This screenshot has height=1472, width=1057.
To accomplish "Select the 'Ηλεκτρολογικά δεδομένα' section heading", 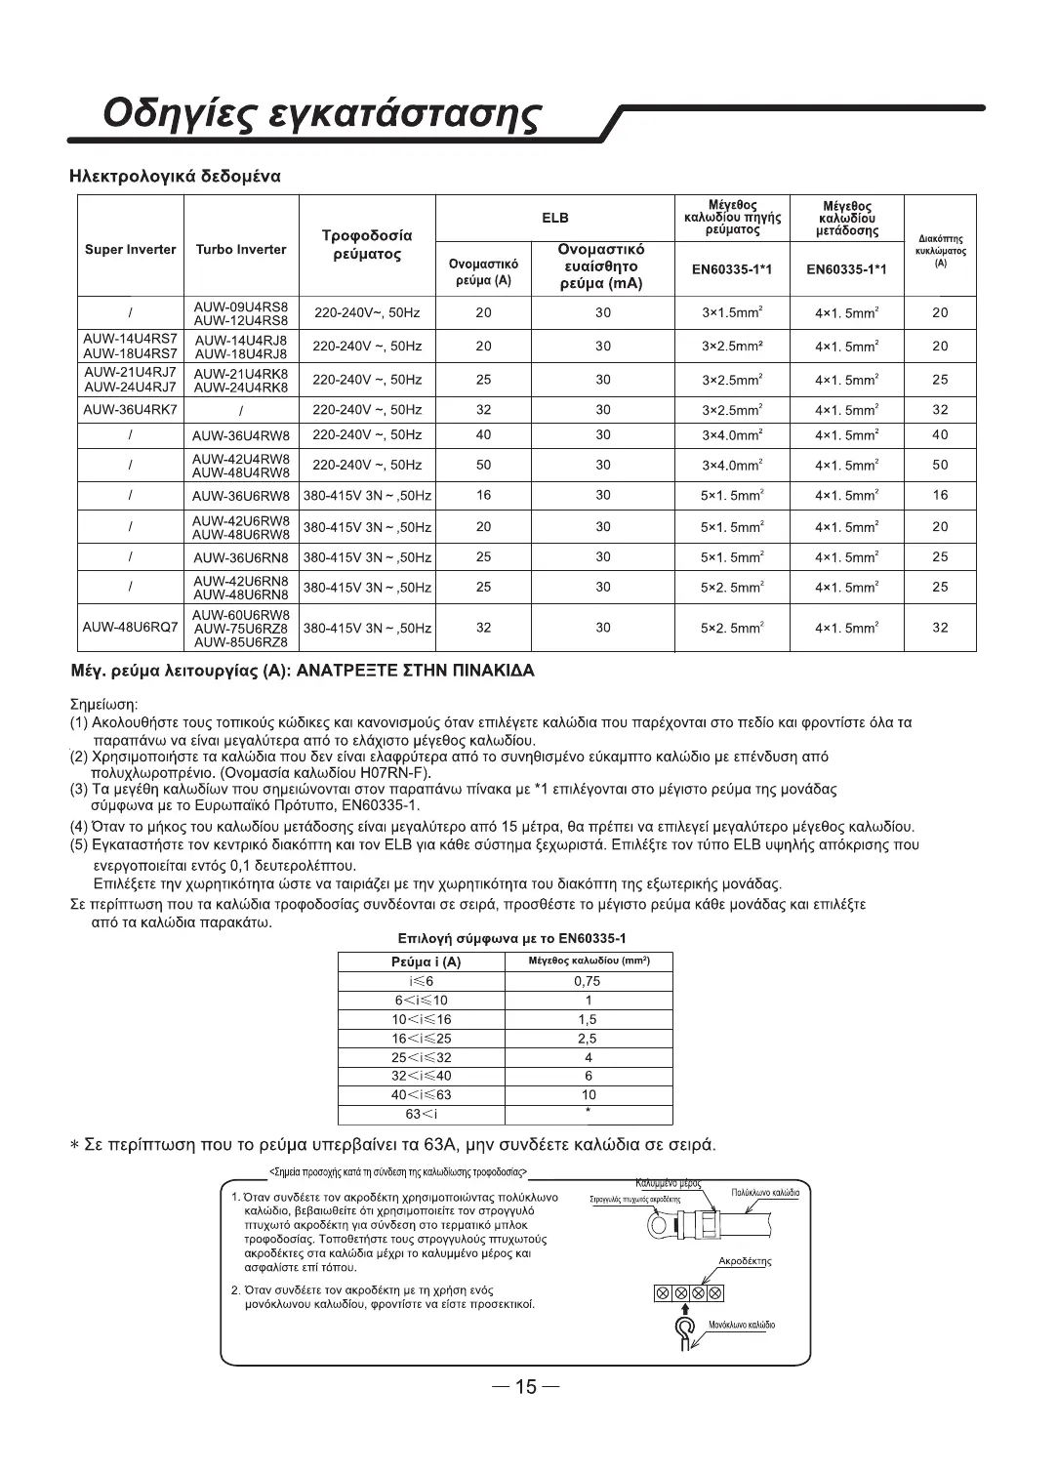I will point(176,177).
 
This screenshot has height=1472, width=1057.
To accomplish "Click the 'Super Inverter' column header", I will point(131,249).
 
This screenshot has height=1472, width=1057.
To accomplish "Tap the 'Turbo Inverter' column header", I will point(241,249).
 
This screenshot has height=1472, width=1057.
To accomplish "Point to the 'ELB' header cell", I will point(555,218).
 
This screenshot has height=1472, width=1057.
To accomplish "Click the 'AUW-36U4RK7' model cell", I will point(131,409).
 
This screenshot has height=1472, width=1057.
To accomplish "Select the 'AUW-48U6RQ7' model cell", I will point(131,628).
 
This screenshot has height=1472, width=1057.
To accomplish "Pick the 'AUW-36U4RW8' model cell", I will point(241,435).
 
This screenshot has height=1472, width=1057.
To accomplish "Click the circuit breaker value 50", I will point(940,465).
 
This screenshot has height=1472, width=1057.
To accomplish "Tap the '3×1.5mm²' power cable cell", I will point(732,313).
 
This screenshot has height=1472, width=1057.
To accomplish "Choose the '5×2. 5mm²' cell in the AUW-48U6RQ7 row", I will point(732,628).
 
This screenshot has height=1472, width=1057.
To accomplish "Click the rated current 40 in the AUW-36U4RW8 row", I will point(483,435).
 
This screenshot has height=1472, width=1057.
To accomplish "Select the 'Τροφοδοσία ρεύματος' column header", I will point(367,245).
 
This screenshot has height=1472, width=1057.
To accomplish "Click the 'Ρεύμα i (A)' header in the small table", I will point(420,962).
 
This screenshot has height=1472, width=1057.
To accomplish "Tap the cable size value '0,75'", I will point(588,981).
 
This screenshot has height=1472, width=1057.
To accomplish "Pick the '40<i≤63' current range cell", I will point(420,1094).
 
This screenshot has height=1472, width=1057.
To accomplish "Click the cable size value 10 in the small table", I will point(588,1094).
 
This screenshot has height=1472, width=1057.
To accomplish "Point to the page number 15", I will point(526,1387).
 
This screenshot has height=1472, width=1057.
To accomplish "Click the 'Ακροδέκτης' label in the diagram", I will point(744,1261).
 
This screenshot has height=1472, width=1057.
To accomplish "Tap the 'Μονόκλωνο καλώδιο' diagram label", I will point(742,1325).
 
